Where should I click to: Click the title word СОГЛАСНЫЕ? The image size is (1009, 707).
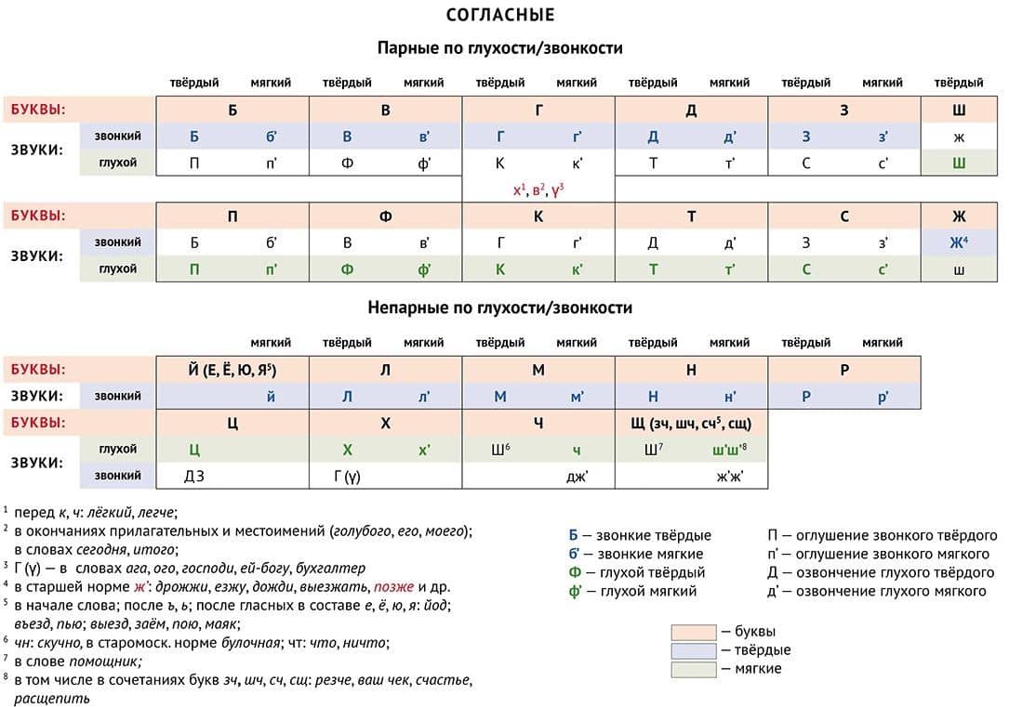click(x=500, y=15)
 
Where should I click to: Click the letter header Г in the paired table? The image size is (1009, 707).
click(x=538, y=111)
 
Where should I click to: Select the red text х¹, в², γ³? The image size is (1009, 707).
click(x=538, y=190)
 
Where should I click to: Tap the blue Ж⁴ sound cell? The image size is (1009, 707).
click(x=959, y=242)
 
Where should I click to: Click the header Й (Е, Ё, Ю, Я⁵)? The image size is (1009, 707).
click(x=232, y=370)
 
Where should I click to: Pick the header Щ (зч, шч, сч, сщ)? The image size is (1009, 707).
click(x=691, y=424)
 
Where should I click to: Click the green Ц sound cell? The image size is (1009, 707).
click(x=194, y=450)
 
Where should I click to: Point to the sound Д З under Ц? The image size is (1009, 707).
click(x=194, y=477)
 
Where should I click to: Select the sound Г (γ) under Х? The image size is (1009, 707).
click(x=347, y=477)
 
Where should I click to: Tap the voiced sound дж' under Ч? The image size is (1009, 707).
click(x=578, y=477)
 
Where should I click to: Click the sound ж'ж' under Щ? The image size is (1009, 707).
click(x=730, y=477)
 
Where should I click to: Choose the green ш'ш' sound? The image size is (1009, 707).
click(x=729, y=450)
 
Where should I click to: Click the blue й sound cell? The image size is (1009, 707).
click(x=271, y=397)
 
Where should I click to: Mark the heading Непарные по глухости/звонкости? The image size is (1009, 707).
click(x=500, y=308)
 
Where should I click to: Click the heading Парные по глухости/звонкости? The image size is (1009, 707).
click(x=500, y=48)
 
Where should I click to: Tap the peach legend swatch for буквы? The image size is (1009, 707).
click(x=694, y=632)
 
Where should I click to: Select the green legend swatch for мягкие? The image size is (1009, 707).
click(x=694, y=669)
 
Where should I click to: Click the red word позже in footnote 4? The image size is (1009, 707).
click(x=393, y=587)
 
